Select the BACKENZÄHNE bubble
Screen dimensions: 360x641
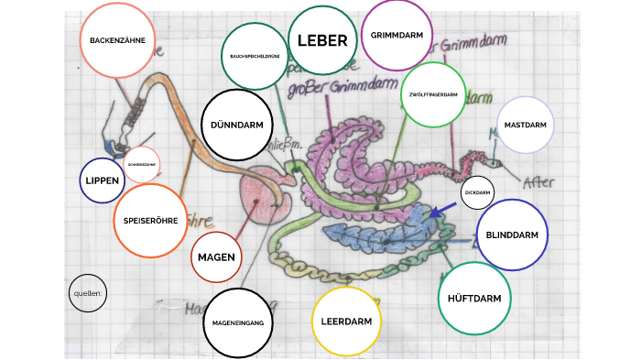(x=118, y=40)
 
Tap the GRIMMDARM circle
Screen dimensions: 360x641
(x=397, y=36)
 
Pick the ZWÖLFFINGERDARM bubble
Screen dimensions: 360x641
(x=434, y=95)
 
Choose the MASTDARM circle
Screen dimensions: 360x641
(x=525, y=125)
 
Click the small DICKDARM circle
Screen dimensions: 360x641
(x=479, y=193)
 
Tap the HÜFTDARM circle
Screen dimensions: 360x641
(x=474, y=299)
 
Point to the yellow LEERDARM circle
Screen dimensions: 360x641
(x=346, y=322)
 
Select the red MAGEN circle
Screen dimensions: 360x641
(x=217, y=257)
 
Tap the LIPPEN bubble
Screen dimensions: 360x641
(x=103, y=180)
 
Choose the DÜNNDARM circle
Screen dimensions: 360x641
(x=237, y=125)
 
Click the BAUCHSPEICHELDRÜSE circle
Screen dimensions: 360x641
(x=254, y=57)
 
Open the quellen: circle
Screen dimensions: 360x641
(x=88, y=294)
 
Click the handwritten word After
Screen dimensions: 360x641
(x=539, y=180)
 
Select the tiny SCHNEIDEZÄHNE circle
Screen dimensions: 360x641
(x=143, y=165)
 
